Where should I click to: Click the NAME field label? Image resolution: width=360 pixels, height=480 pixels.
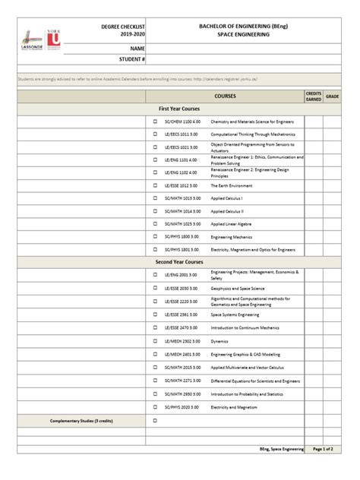(137, 47)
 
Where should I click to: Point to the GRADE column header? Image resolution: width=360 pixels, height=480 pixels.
(333, 97)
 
